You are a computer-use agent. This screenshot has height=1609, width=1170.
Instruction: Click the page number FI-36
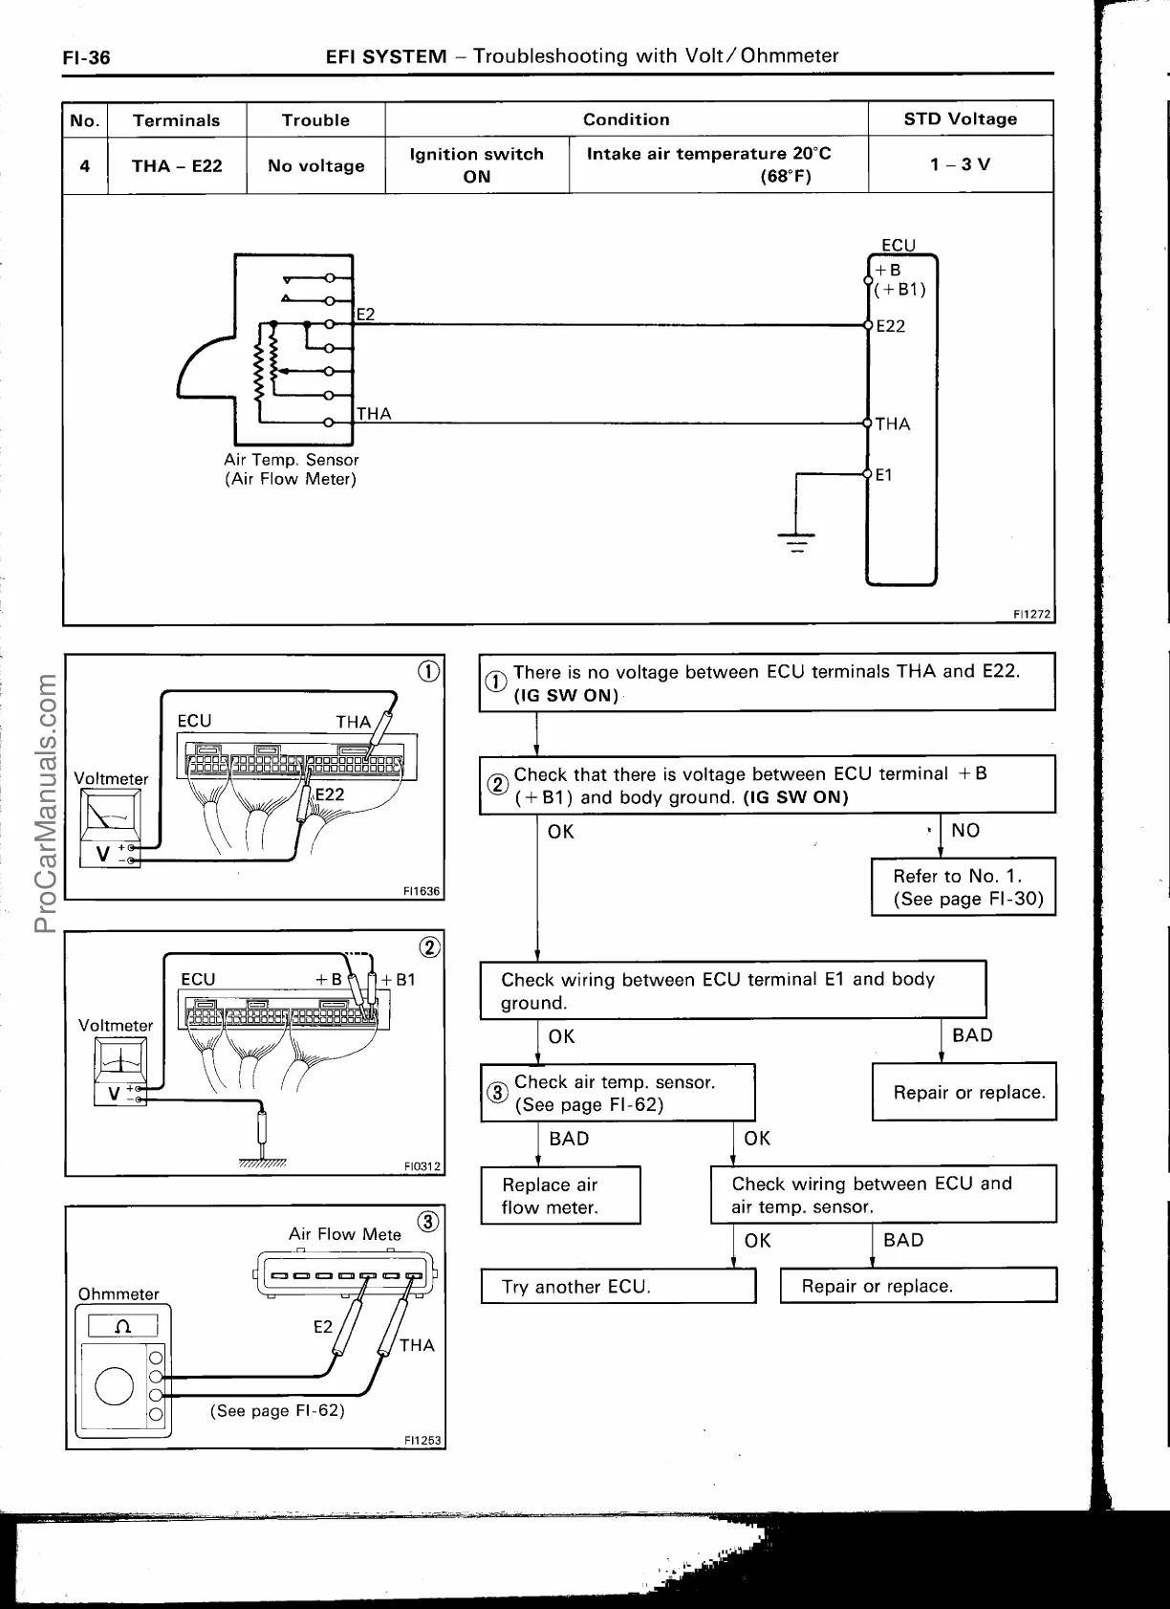[x=86, y=58]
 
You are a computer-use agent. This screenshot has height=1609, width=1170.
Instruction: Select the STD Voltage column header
[x=960, y=120]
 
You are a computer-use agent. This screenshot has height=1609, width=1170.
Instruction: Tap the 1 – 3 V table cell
[x=960, y=165]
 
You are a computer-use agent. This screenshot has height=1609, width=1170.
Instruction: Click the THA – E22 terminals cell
[x=177, y=166]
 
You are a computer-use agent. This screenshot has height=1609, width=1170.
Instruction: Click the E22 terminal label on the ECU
[x=890, y=326]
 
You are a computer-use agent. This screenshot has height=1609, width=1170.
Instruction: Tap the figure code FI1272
[x=1032, y=615]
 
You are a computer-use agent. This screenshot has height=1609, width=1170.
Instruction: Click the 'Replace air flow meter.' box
[x=560, y=1196]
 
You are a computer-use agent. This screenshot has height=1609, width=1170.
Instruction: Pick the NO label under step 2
[x=965, y=831]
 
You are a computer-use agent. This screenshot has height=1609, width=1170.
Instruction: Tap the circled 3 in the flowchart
[x=497, y=1093]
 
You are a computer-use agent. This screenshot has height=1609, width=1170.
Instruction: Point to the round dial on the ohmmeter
[x=115, y=1386]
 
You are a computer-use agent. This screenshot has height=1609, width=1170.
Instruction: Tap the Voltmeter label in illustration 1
[x=111, y=779]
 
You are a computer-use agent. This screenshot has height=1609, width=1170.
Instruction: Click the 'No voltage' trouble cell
[x=315, y=166]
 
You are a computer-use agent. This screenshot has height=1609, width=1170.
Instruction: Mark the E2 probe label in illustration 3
[x=323, y=1327]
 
